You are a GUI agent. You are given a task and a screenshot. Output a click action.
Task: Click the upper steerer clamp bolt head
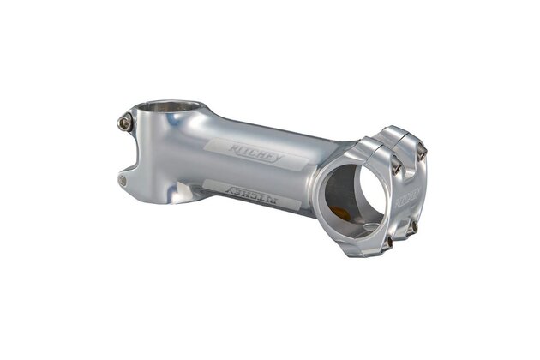coord(125,122)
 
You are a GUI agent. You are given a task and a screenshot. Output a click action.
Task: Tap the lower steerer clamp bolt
coord(123,181)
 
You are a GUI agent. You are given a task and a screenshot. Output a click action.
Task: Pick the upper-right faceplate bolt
coord(421,151)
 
